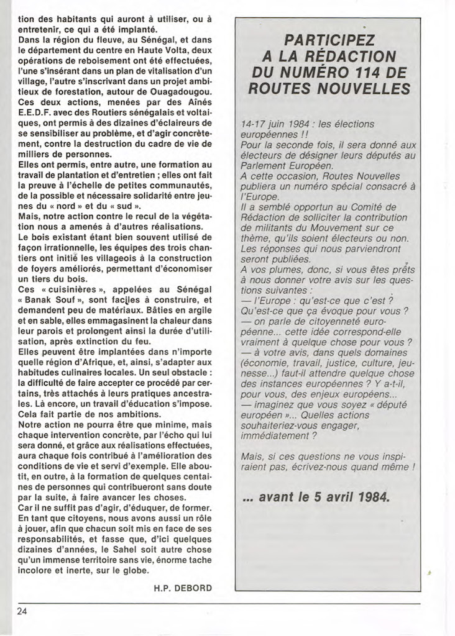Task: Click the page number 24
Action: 22,611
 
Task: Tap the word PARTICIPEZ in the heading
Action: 329,41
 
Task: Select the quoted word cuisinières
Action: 74,290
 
